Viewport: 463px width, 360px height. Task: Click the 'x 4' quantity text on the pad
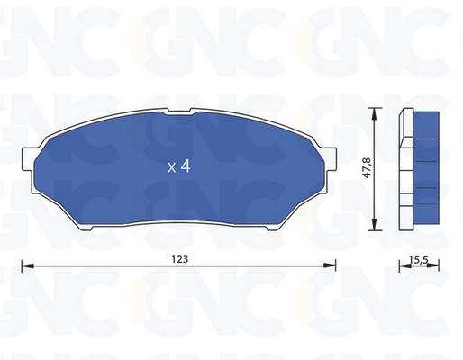[x=179, y=166]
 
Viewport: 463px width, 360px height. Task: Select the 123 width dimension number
[x=180, y=258]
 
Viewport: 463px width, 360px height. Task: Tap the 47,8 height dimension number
[x=368, y=167]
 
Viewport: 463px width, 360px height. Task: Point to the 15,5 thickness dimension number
[x=418, y=260]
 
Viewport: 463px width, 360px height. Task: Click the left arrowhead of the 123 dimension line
[x=28, y=265]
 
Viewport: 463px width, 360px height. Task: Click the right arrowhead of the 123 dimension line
[x=329, y=265]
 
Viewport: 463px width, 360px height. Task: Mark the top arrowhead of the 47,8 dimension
[x=374, y=114]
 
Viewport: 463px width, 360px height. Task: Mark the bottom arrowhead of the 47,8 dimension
[x=374, y=224]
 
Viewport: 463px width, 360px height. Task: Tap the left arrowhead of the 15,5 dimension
[x=405, y=265]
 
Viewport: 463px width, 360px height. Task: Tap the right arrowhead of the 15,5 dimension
[x=433, y=265]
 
